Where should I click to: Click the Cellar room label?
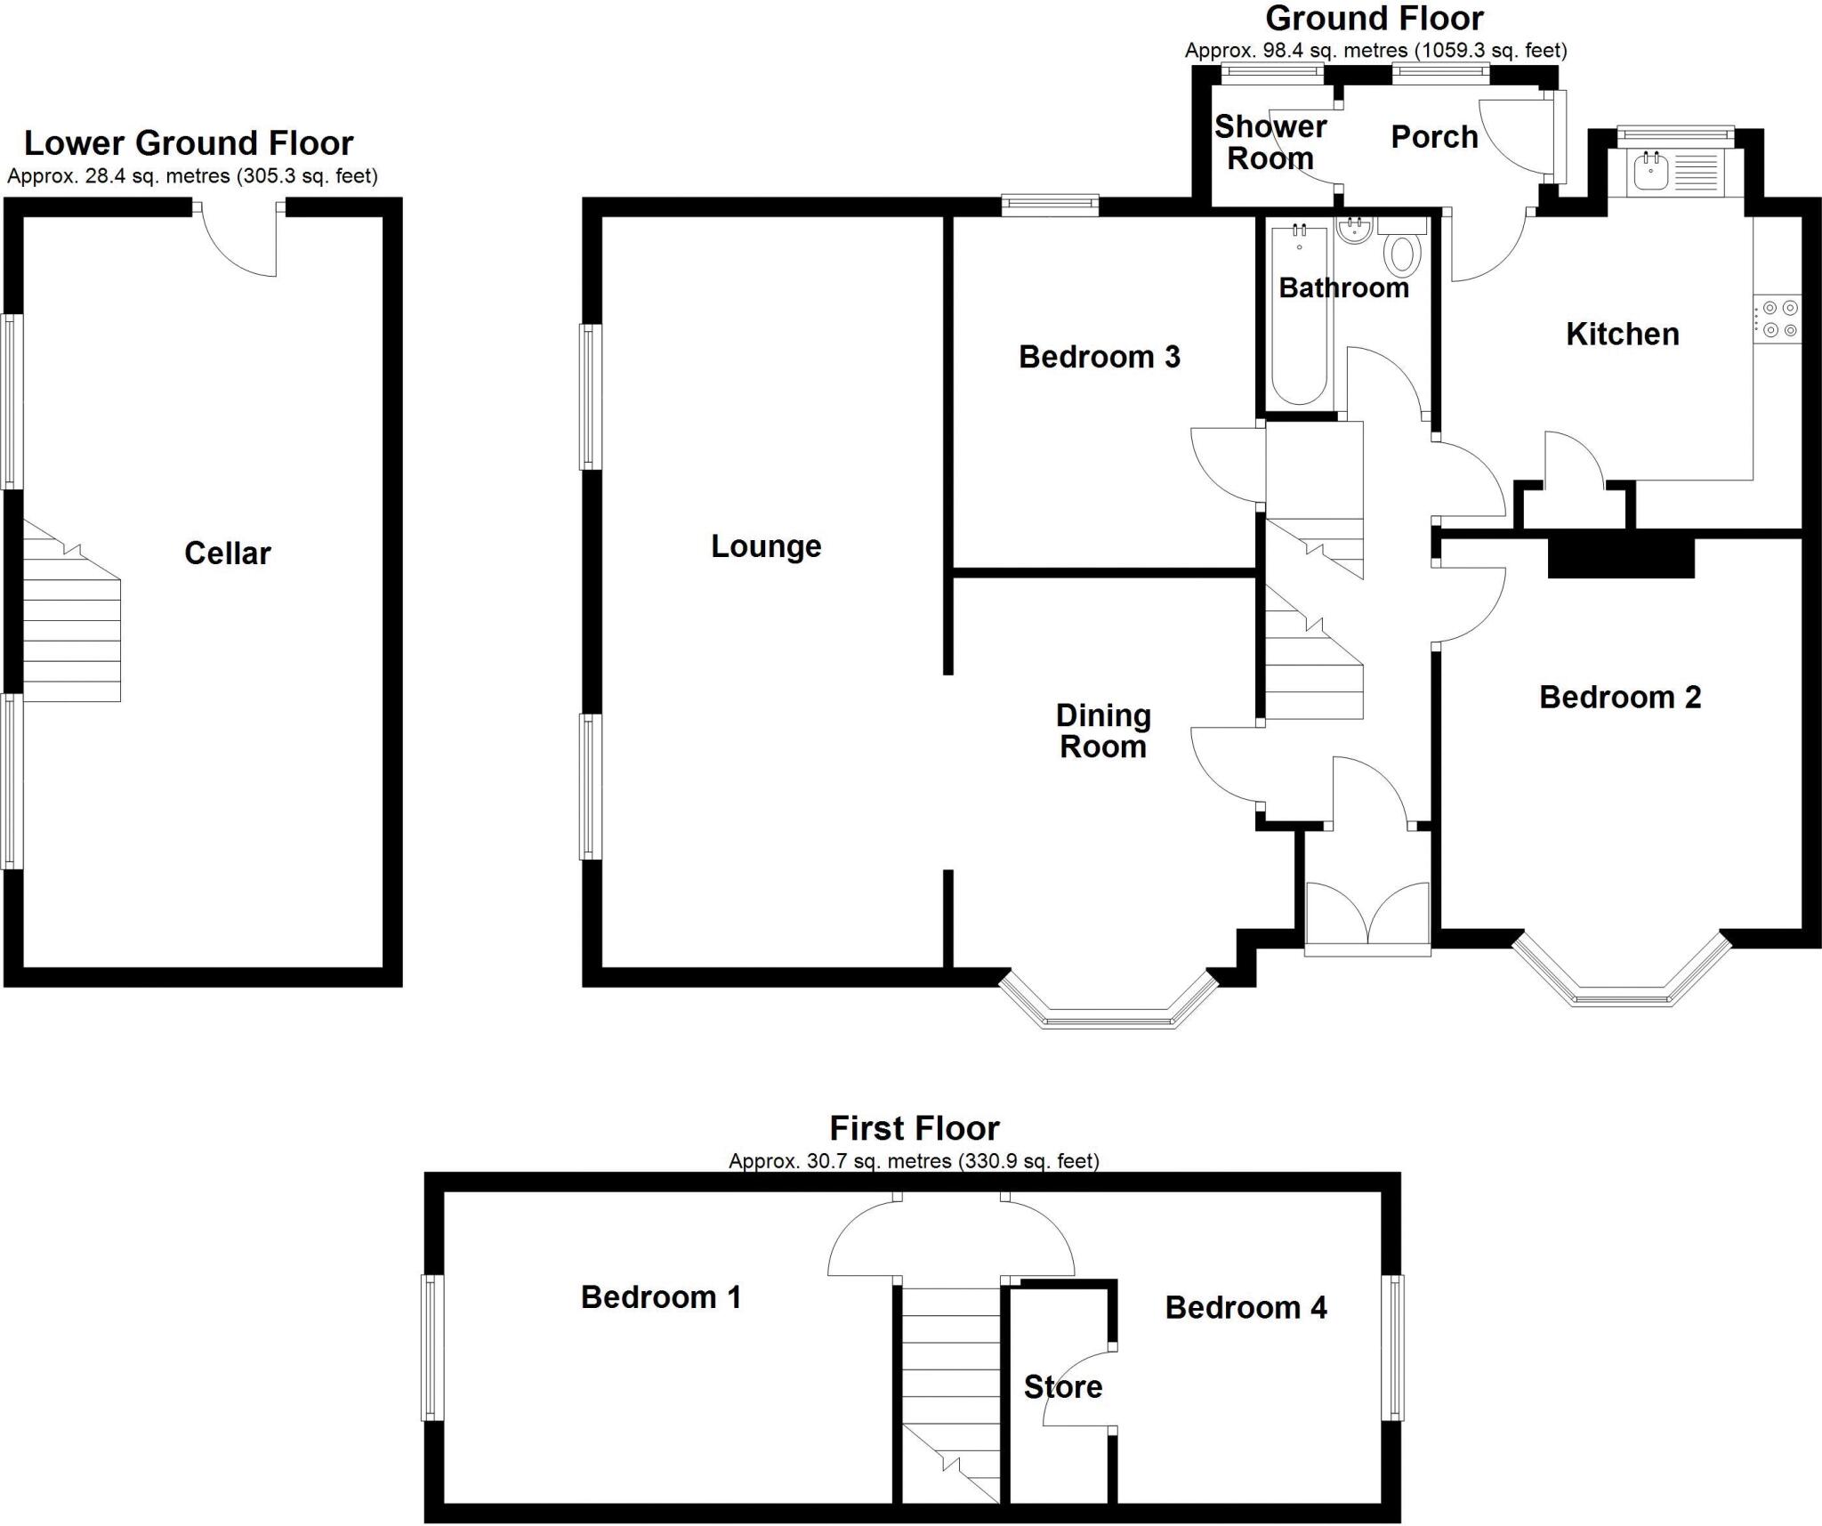[x=227, y=553]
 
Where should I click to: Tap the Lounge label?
[x=765, y=546]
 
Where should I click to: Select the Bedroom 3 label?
[x=1099, y=357]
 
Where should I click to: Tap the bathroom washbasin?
[x=1355, y=231]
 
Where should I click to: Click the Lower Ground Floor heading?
[x=189, y=143]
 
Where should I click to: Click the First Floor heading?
[x=914, y=1128]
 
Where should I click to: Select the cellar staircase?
[x=71, y=623]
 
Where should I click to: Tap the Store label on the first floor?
[x=1062, y=1386]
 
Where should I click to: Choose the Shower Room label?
[x=1270, y=142]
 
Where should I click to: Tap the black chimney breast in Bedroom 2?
[x=1621, y=557]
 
